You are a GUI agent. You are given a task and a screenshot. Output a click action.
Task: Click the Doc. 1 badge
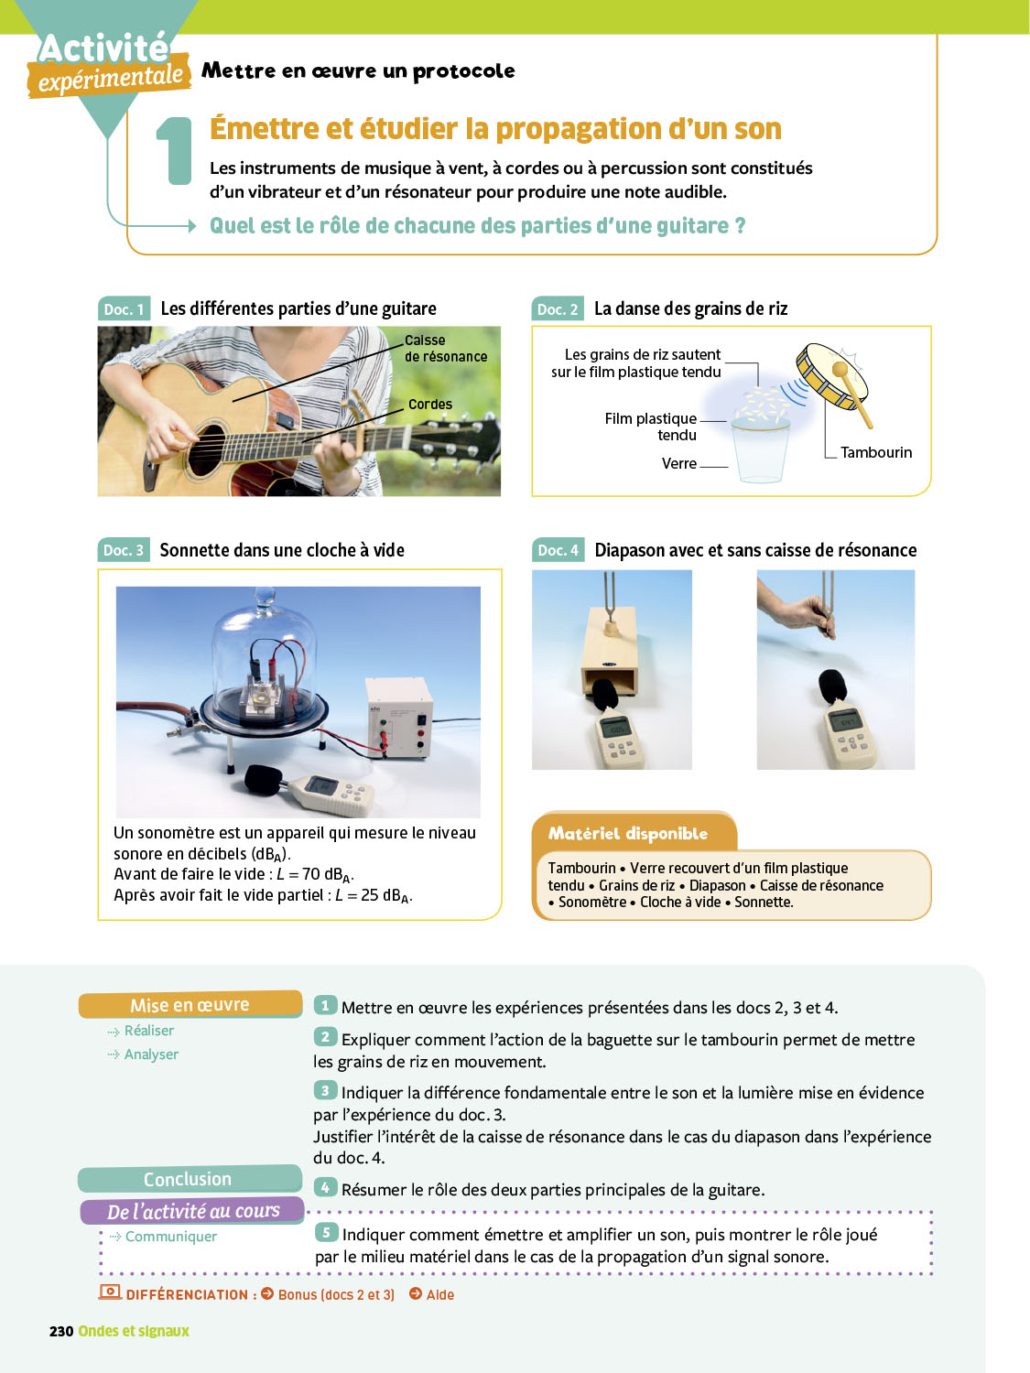click(x=124, y=309)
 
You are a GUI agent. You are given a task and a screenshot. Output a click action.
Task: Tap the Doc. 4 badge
click(x=558, y=550)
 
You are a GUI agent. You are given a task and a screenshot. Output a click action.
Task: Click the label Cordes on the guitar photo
click(x=430, y=404)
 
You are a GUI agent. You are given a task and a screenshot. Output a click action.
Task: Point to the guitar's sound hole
click(x=206, y=449)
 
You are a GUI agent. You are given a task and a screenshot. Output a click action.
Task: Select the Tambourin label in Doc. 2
click(x=876, y=452)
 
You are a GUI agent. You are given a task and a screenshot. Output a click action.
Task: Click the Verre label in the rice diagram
click(x=679, y=463)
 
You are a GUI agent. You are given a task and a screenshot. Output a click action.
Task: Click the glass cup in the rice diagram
click(x=761, y=452)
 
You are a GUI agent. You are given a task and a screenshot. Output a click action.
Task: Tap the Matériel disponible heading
click(x=628, y=833)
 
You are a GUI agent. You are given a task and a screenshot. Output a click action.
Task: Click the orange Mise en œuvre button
click(x=190, y=1004)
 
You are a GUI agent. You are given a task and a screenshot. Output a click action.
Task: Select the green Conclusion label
click(x=189, y=1179)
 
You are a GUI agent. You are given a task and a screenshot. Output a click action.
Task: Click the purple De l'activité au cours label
click(x=192, y=1211)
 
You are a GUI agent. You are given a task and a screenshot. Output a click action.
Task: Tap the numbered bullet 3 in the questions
click(x=325, y=1091)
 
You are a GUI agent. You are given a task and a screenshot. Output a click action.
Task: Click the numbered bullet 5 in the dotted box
click(x=327, y=1233)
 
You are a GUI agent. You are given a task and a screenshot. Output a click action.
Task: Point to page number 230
click(x=61, y=1331)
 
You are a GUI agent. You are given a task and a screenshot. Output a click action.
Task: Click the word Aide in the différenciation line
click(x=440, y=1295)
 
